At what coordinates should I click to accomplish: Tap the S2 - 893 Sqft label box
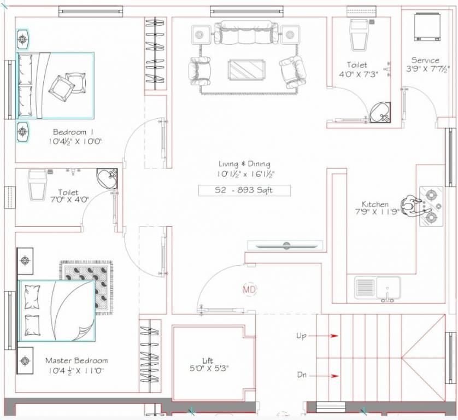point(244,191)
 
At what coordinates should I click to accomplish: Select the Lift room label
point(208,361)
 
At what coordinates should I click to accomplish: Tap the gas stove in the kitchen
point(431,207)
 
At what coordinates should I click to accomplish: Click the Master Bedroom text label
point(76,361)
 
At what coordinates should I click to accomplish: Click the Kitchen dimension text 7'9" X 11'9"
point(380,212)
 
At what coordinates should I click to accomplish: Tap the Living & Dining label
point(244,164)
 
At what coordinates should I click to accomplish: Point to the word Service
point(425,60)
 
